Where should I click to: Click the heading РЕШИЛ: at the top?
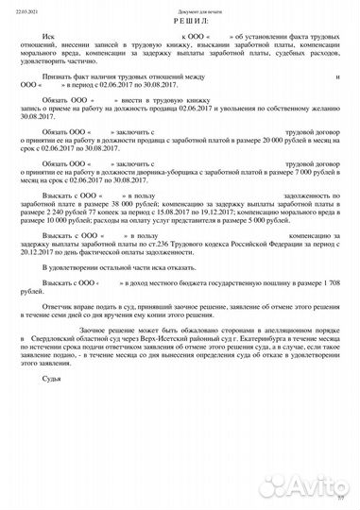pyautogui.click(x=180, y=19)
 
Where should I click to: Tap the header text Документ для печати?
pyautogui.click(x=180, y=6)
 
